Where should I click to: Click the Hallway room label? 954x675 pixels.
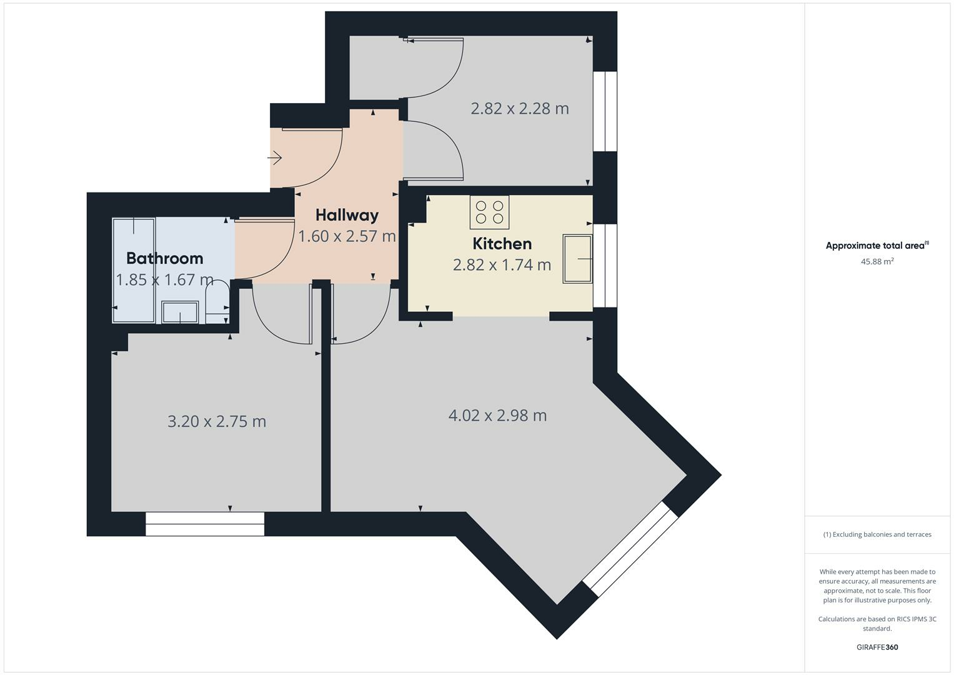[x=347, y=215]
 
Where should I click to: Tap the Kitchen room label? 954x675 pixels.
[x=502, y=244]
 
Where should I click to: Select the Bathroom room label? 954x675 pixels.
[x=164, y=258]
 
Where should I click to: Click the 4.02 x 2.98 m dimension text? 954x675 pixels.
[x=497, y=416]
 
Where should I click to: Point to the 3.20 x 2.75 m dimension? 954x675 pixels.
[x=217, y=422]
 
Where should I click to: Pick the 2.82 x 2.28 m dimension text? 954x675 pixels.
[x=519, y=109]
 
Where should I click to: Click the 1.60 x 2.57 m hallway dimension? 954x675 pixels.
[x=347, y=236]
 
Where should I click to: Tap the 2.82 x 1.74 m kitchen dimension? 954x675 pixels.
[x=502, y=265]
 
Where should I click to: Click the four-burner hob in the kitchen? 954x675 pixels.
[x=489, y=212]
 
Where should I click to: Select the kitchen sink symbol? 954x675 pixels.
[x=577, y=259]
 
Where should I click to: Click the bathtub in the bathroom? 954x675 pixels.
[x=133, y=270]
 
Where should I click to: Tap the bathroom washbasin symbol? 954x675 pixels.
[x=180, y=312]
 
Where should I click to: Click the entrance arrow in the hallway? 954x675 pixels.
[x=275, y=159]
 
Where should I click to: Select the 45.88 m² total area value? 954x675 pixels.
[x=877, y=262]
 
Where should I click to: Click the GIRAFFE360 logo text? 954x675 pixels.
[x=877, y=647]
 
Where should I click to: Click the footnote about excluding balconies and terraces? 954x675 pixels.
[x=877, y=534]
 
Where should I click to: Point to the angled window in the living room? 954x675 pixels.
[x=630, y=548]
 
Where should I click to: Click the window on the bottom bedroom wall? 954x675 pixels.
[x=205, y=524]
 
